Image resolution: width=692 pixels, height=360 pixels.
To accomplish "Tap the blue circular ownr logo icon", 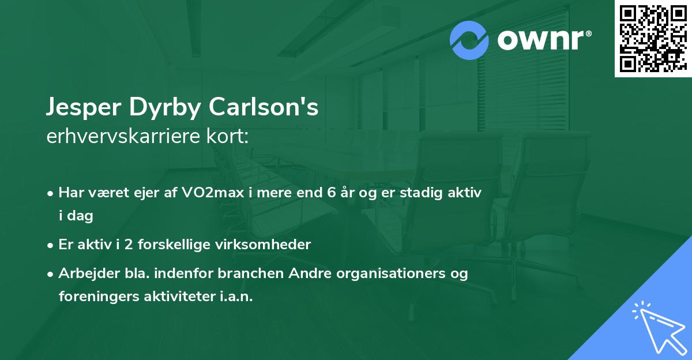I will [470, 40].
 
